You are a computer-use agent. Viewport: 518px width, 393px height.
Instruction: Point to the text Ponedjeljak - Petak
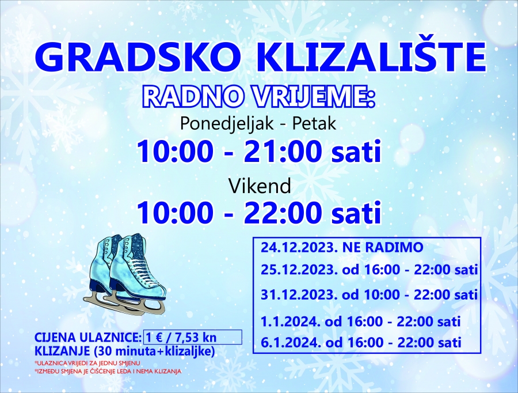(258, 124)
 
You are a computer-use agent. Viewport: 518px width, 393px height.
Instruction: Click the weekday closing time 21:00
(283, 152)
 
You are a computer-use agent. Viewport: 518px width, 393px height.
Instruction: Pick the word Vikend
(260, 186)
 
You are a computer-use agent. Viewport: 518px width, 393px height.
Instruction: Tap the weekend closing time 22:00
(283, 212)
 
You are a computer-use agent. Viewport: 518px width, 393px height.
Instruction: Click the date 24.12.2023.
(299, 247)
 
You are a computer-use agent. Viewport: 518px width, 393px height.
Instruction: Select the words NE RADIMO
(383, 247)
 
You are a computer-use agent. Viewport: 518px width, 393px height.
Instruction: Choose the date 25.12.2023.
(299, 270)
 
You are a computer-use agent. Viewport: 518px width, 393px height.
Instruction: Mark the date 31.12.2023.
(299, 294)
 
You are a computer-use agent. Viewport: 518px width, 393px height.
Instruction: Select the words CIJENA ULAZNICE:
(88, 338)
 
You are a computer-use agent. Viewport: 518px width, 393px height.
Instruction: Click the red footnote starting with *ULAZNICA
(87, 363)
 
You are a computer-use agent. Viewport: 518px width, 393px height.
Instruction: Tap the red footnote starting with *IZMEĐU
(108, 371)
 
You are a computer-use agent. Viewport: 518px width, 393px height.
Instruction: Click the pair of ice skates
(127, 274)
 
